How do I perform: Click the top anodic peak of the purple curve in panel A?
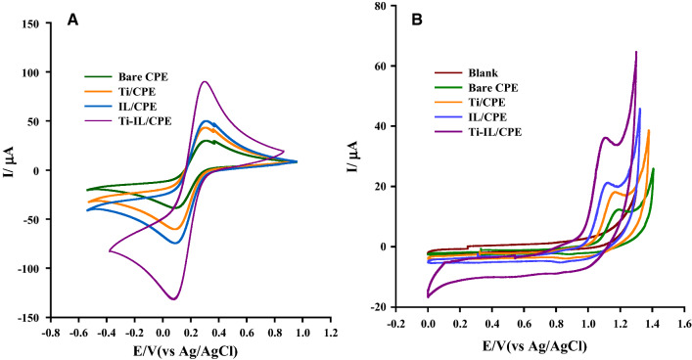[204, 81]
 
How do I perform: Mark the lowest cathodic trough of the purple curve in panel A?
[174, 298]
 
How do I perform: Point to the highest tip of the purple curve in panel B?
[636, 52]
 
